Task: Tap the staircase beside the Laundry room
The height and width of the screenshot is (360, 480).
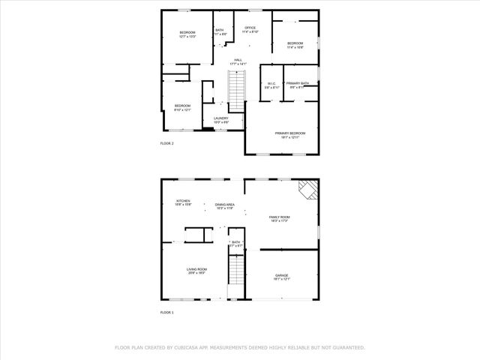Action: pyautogui.click(x=237, y=94)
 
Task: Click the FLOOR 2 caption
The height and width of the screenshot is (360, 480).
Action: pyautogui.click(x=166, y=143)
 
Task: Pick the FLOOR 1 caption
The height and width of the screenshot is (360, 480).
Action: pyautogui.click(x=166, y=312)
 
